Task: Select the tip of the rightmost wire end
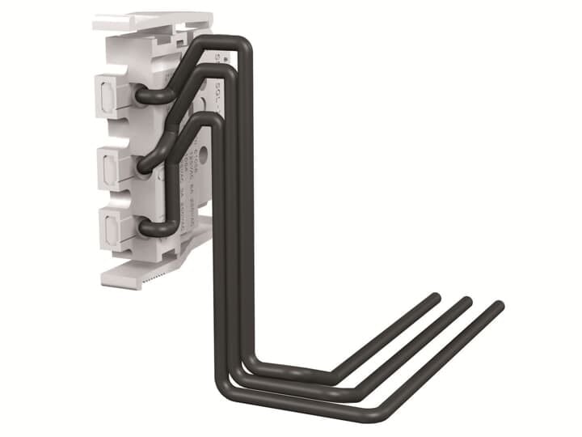[498, 307]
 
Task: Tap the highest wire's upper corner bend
[242, 45]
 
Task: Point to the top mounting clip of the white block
[150, 22]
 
